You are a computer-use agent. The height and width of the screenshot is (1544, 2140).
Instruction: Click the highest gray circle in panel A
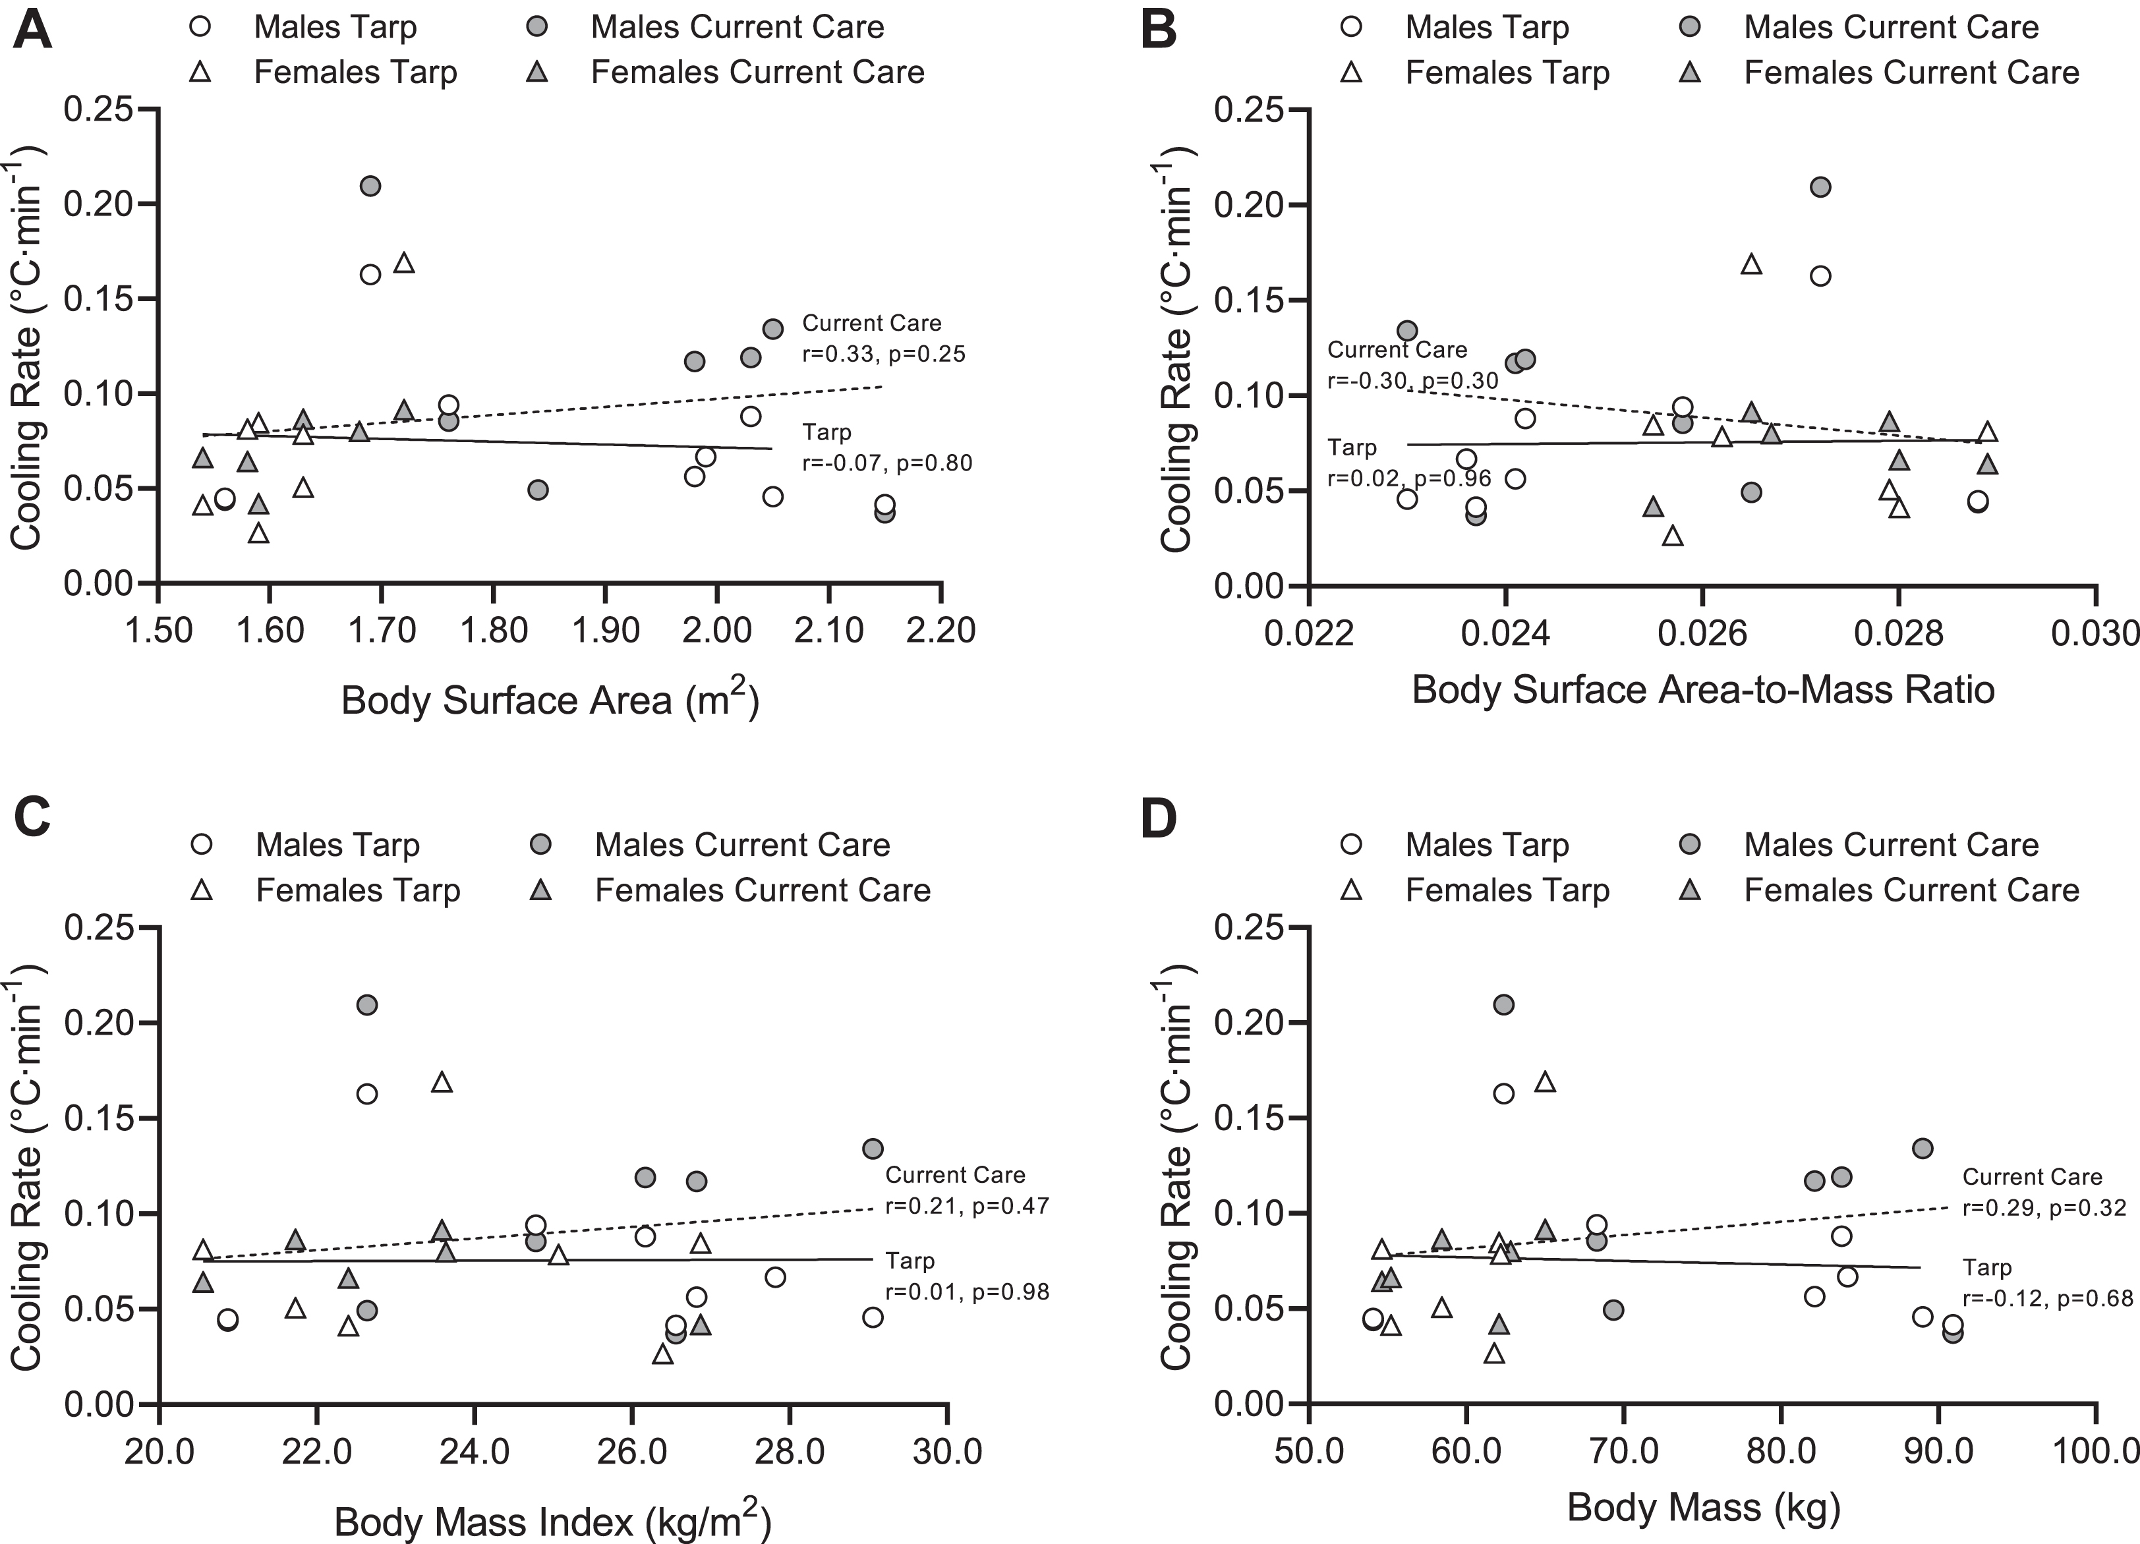pos(371,186)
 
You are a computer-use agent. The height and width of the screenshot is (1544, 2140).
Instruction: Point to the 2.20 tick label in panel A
pos(940,630)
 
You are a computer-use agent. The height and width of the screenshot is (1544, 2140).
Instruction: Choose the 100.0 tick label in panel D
pos(2094,1450)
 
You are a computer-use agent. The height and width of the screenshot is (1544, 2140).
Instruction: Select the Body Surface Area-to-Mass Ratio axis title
pos(1703,689)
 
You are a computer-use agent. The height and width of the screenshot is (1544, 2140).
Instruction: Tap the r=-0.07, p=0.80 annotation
pos(887,463)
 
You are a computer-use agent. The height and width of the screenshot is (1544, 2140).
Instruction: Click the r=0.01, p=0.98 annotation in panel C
pos(967,1291)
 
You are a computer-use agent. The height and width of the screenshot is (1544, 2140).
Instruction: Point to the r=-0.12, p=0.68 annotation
pos(2048,1299)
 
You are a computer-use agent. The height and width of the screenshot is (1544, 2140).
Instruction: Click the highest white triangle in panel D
pos(1545,1081)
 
